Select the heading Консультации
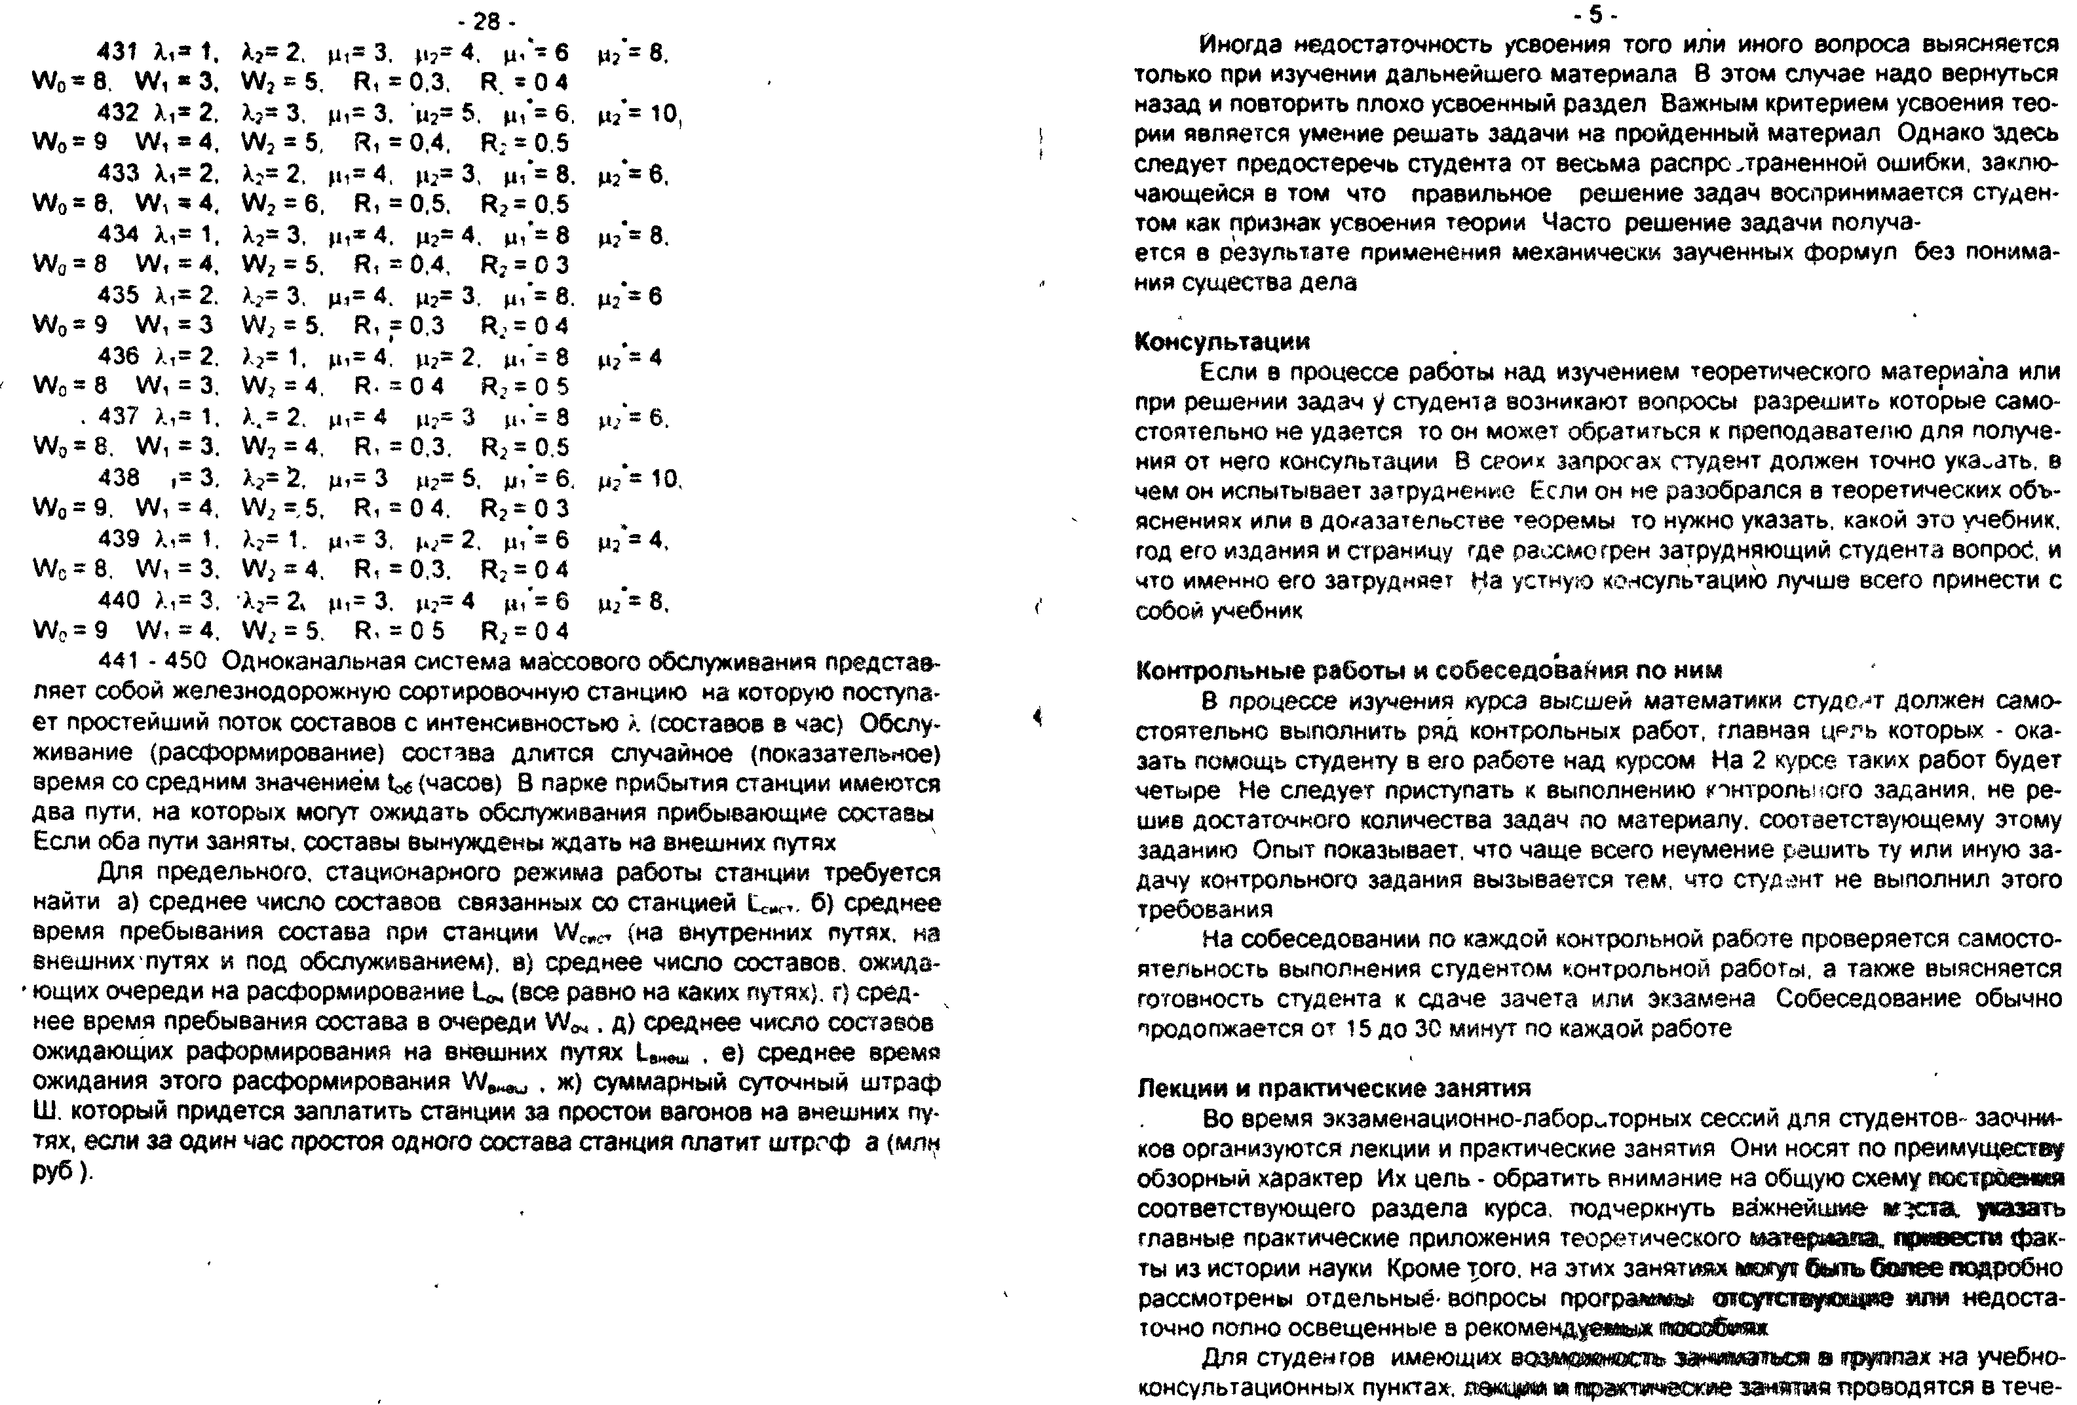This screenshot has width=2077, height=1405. (1222, 341)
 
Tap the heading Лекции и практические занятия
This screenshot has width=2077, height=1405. (1333, 1088)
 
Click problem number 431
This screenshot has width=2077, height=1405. (118, 52)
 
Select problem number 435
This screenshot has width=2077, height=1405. (118, 296)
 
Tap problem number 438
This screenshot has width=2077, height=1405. (118, 478)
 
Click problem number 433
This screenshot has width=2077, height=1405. (118, 174)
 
